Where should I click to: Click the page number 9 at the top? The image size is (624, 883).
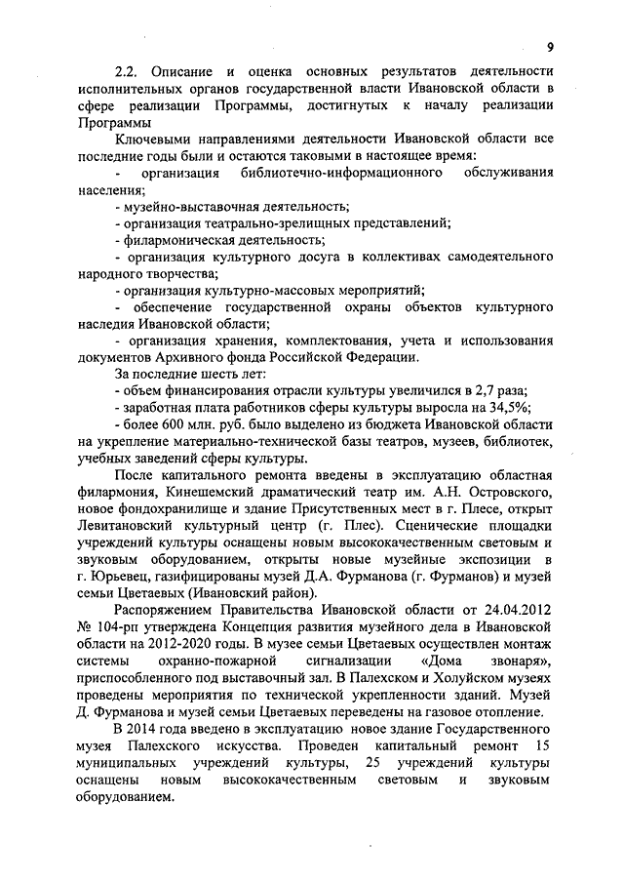pos(549,48)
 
